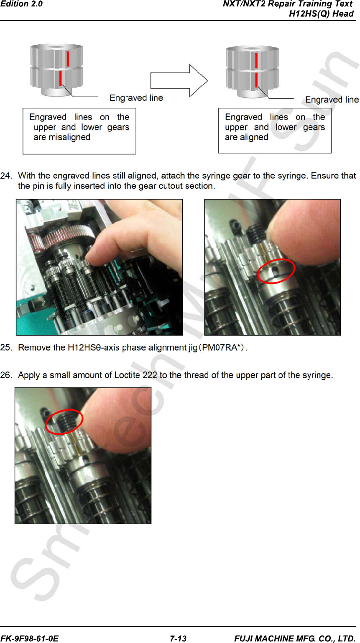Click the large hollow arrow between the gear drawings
pos(179,81)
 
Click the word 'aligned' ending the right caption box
pos(253,137)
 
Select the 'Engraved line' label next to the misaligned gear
pos(136,98)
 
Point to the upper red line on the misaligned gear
pos(68,59)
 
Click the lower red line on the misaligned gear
pos(61,78)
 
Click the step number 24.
pos(6,176)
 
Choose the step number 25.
pos(6,348)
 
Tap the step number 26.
pos(6,375)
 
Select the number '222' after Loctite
pos(150,375)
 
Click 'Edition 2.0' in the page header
pos(21,4)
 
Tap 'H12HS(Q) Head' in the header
pos(321,14)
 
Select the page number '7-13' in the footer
pos(178,638)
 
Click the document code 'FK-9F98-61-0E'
pos(30,638)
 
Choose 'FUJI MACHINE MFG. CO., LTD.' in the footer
pos(295,638)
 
